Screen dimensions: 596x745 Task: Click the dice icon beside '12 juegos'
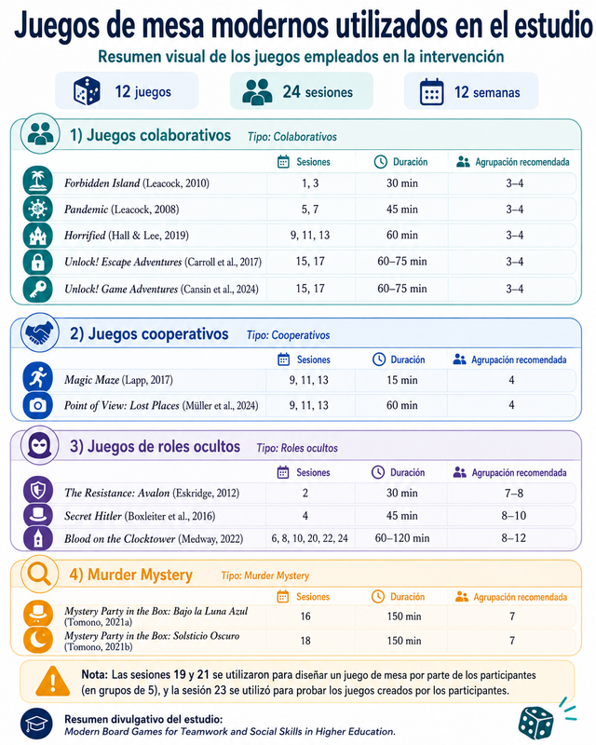(87, 90)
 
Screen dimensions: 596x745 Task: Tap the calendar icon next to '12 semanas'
(431, 91)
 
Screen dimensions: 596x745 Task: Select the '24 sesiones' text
(318, 91)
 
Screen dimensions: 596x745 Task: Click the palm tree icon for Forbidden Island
(38, 182)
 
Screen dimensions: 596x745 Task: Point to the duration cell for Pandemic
(402, 209)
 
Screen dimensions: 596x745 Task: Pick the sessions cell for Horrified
(310, 236)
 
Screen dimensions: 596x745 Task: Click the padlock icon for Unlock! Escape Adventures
(38, 262)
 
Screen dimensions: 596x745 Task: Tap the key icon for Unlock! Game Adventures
(38, 289)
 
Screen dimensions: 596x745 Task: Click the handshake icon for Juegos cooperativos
(39, 332)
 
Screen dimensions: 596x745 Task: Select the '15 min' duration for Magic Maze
(402, 380)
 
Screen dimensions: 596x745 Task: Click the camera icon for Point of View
(38, 405)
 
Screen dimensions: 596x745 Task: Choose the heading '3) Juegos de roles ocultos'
(155, 447)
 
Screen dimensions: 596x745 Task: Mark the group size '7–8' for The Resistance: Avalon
(514, 494)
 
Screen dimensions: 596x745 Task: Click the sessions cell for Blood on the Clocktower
(309, 538)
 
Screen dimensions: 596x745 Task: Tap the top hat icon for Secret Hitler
(38, 515)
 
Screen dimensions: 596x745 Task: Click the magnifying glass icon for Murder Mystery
(39, 574)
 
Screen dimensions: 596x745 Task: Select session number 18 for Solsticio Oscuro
(305, 641)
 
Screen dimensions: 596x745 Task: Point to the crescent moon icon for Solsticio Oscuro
(38, 640)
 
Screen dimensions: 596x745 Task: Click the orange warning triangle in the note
(53, 681)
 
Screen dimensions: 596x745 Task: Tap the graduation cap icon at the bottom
(36, 725)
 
